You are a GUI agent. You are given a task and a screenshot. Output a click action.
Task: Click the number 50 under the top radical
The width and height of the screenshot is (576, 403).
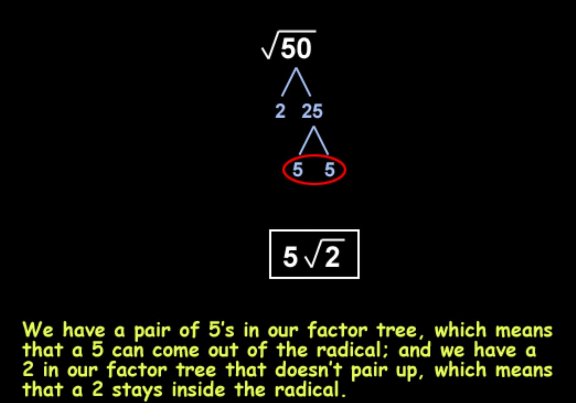[x=296, y=48]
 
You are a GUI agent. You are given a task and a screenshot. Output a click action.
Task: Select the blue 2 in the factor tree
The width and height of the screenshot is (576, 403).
[x=280, y=111]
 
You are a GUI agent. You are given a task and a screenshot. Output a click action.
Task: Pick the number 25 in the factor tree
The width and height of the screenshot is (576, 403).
[x=312, y=111]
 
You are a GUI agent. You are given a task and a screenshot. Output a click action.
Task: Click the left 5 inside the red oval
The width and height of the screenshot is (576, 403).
[x=298, y=170]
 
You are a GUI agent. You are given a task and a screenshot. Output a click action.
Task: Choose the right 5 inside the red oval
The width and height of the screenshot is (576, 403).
[x=330, y=170]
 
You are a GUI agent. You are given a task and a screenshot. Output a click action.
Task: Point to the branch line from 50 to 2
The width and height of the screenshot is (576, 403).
[x=288, y=82]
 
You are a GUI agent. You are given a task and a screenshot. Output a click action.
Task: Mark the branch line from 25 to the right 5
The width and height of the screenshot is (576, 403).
[x=321, y=140]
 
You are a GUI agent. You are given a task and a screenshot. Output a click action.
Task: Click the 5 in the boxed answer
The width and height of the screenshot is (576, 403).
[x=290, y=257]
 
